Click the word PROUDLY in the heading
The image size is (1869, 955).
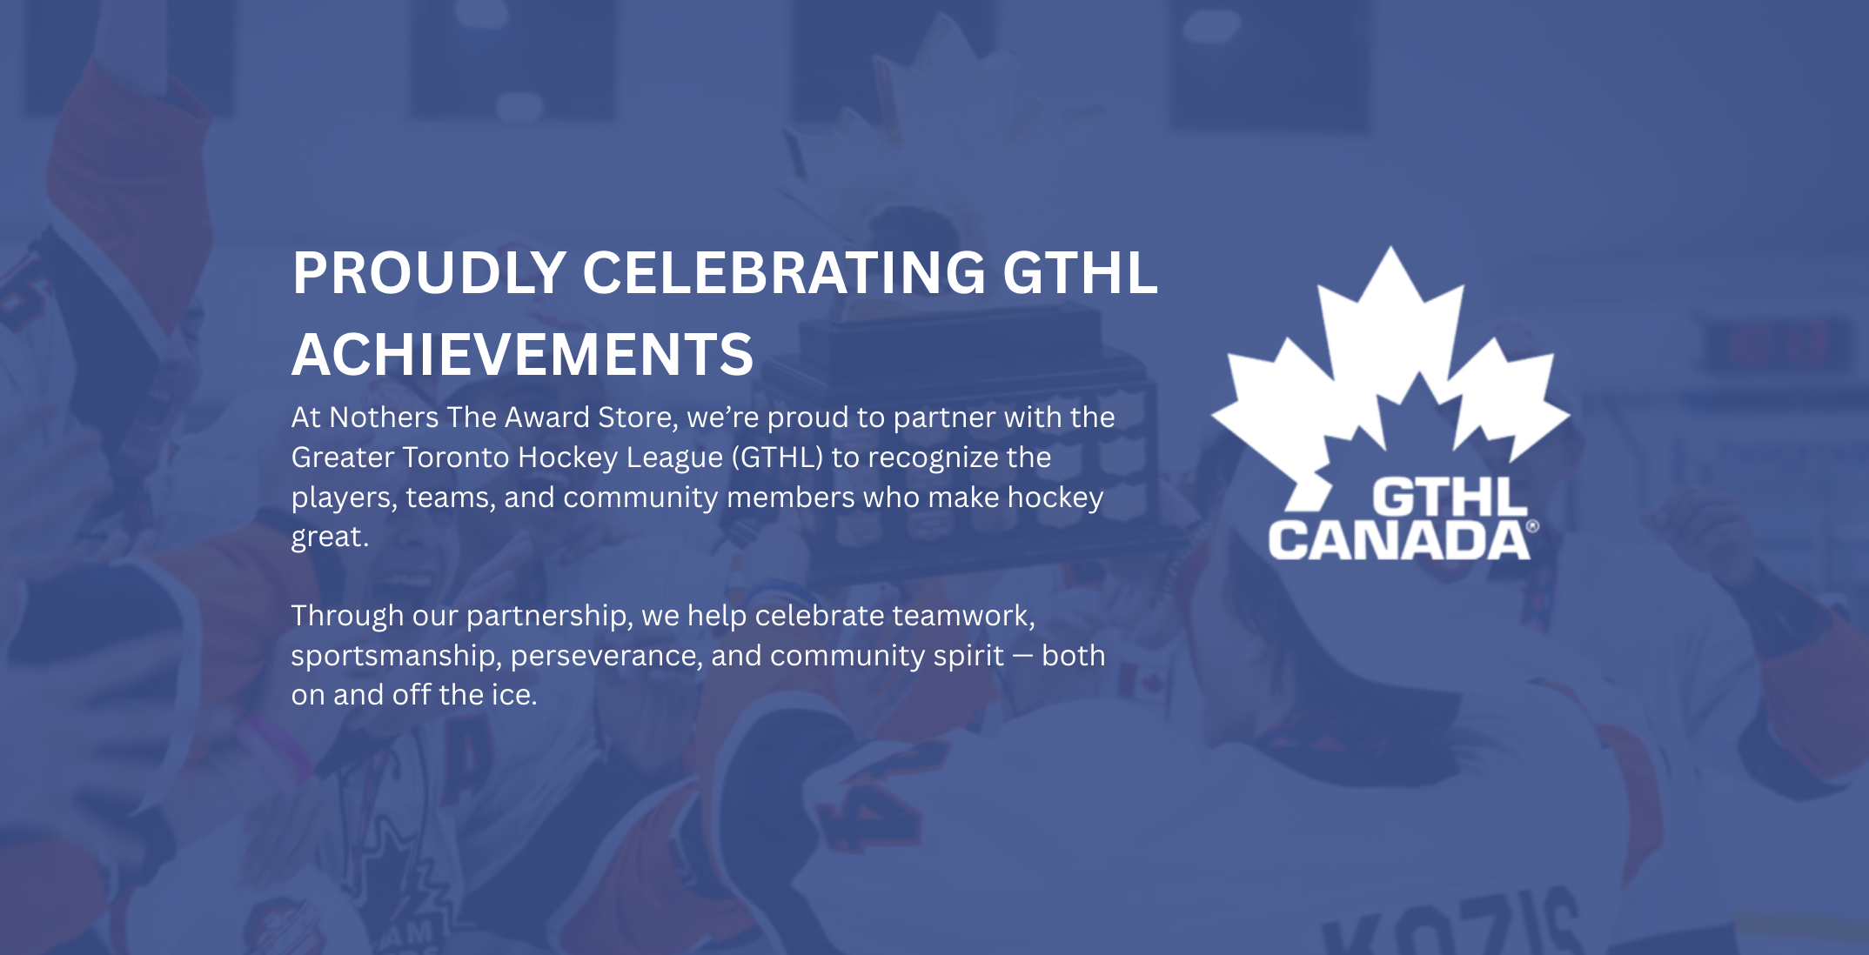(430, 273)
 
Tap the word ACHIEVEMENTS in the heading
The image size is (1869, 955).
(522, 355)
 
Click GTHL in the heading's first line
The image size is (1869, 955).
(1080, 273)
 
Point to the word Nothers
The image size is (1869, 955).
(384, 417)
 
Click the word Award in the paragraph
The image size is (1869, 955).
(547, 417)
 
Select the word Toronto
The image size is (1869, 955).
(455, 457)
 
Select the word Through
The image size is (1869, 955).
(347, 616)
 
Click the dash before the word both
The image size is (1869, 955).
(1022, 657)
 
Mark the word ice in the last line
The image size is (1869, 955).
(513, 695)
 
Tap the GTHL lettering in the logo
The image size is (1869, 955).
(1450, 498)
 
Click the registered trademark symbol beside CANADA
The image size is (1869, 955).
(1533, 526)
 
